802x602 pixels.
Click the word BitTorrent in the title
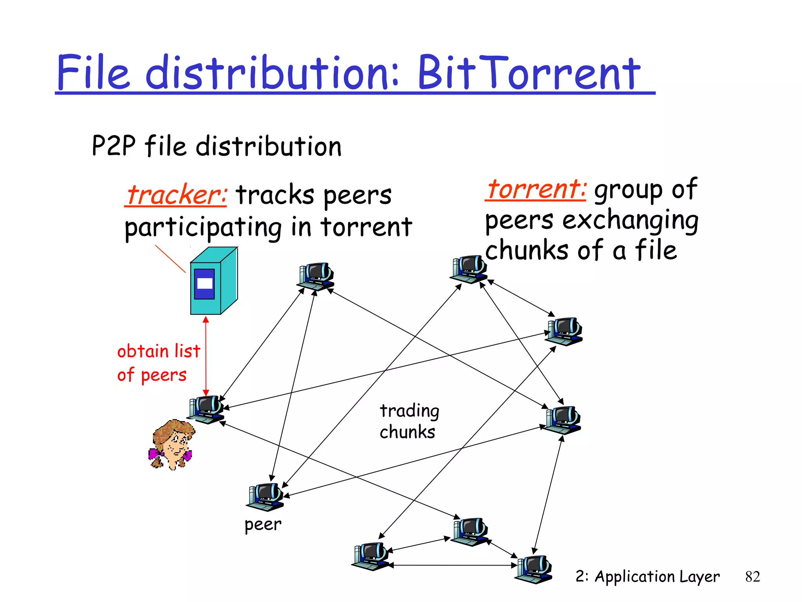[529, 73]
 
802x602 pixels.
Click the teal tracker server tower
[213, 281]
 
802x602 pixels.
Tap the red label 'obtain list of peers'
[159, 363]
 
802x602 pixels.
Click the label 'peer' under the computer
[263, 524]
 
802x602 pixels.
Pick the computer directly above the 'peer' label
[266, 497]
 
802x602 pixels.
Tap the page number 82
[752, 577]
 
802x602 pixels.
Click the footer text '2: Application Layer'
[647, 577]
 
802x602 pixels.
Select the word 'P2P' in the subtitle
[114, 146]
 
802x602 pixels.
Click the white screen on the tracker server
[204, 283]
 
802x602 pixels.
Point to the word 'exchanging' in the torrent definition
[630, 220]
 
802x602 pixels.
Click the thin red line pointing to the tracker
[170, 259]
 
